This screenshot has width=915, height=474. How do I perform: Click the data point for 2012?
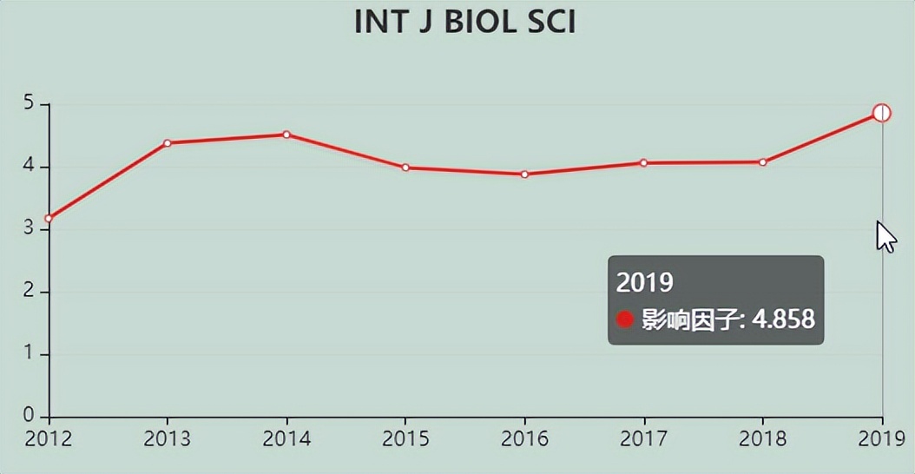(x=49, y=218)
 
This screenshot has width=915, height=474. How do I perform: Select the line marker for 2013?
(x=168, y=143)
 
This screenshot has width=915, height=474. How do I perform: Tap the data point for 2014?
(x=286, y=135)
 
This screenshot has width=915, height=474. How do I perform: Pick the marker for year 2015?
(x=405, y=168)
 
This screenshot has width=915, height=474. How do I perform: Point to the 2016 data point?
(x=524, y=174)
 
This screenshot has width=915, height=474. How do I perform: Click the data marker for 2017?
(x=644, y=162)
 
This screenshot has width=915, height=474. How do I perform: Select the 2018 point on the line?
(x=763, y=162)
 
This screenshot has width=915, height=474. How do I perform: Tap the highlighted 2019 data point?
(x=882, y=113)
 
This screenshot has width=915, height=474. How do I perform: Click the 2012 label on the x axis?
(x=49, y=438)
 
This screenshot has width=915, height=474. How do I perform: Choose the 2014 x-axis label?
(x=286, y=438)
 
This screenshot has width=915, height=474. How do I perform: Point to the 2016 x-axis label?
(x=524, y=438)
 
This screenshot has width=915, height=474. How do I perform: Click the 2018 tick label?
(x=763, y=438)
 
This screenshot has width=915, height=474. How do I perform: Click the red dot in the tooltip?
(x=624, y=319)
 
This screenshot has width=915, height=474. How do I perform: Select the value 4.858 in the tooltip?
(x=783, y=319)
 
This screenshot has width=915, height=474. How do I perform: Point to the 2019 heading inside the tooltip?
(x=645, y=282)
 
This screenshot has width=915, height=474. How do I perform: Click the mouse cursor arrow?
(x=885, y=235)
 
